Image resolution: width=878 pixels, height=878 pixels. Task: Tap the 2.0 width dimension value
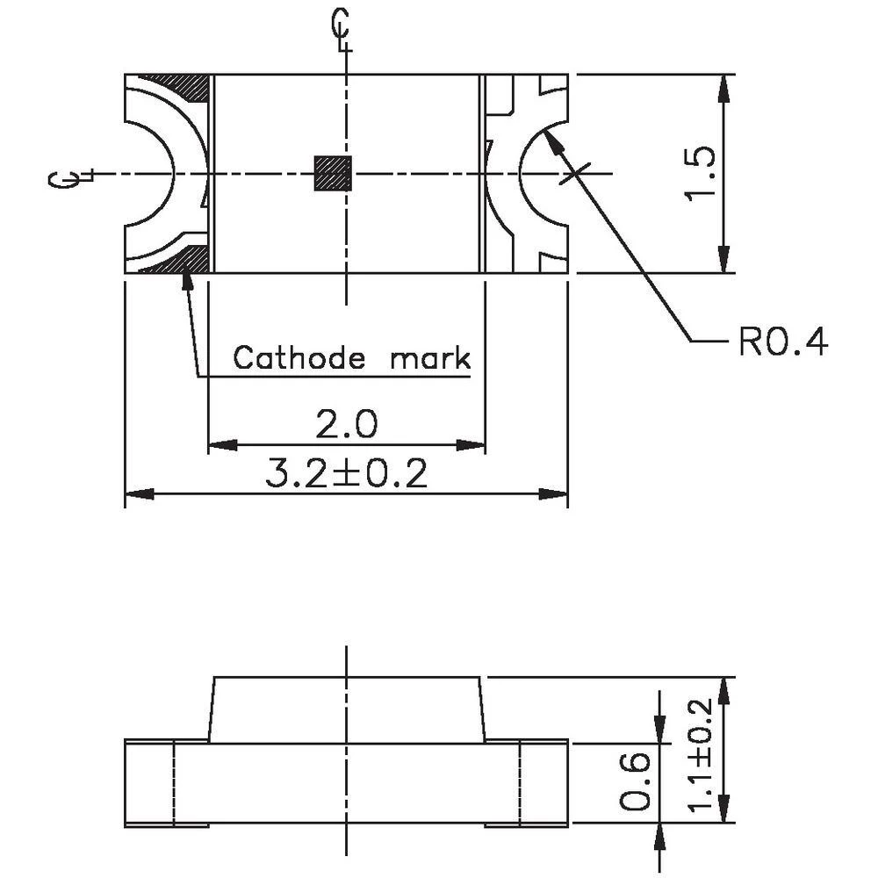[346, 426]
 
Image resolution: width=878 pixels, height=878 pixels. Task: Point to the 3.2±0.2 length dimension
[346, 475]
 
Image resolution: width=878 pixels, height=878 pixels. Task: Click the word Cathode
[299, 358]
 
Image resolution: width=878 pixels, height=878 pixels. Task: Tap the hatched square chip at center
[333, 173]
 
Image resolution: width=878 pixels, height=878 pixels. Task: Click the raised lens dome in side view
[346, 708]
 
